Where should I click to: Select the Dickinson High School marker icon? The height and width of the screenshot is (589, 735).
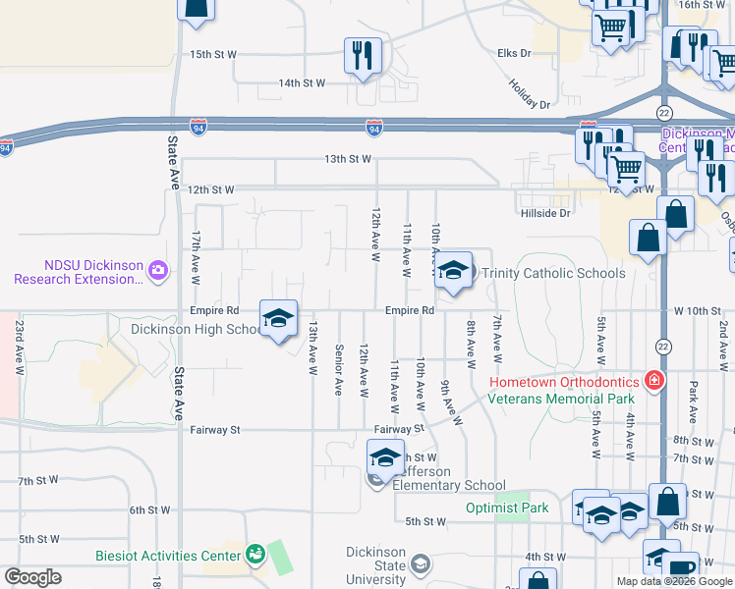[279, 318]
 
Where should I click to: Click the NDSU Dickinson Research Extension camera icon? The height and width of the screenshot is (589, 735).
[157, 267]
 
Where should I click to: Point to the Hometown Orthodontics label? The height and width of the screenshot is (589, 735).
[566, 381]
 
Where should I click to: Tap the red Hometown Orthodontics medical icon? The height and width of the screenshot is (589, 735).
[653, 381]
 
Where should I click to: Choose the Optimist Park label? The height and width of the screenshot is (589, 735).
[507, 509]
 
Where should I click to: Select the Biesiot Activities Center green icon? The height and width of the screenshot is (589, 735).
[255, 555]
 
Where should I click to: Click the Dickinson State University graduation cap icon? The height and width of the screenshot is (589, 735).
[421, 564]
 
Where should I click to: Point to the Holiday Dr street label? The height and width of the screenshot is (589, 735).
[530, 92]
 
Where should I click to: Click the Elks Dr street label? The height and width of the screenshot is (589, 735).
[514, 53]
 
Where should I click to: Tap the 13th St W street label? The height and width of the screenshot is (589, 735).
[348, 158]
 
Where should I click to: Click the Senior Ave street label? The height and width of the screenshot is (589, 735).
[338, 370]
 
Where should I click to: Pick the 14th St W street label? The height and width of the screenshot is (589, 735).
[302, 83]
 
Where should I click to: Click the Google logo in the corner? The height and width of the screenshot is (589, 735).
[32, 577]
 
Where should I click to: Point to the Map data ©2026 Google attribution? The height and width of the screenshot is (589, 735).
[673, 581]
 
